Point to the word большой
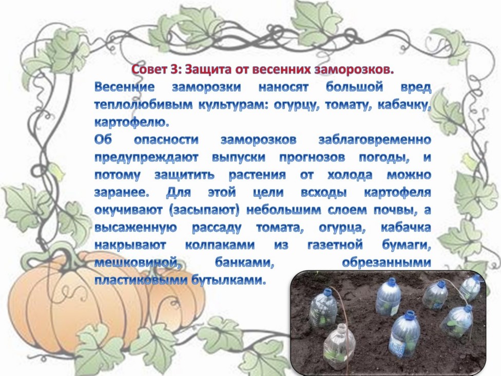coord(354,87)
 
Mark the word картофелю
coord(131,123)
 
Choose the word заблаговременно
coord(375,140)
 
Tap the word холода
coord(350,175)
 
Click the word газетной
coord(335,246)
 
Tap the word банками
coord(245,263)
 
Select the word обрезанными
coord(387,263)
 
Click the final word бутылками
coord(228,281)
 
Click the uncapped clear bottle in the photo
coord(339,345)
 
